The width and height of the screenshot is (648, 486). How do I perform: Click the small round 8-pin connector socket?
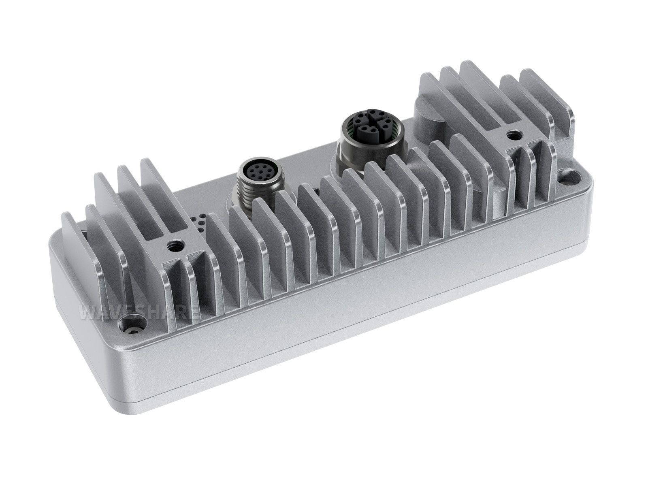[x=258, y=170]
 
